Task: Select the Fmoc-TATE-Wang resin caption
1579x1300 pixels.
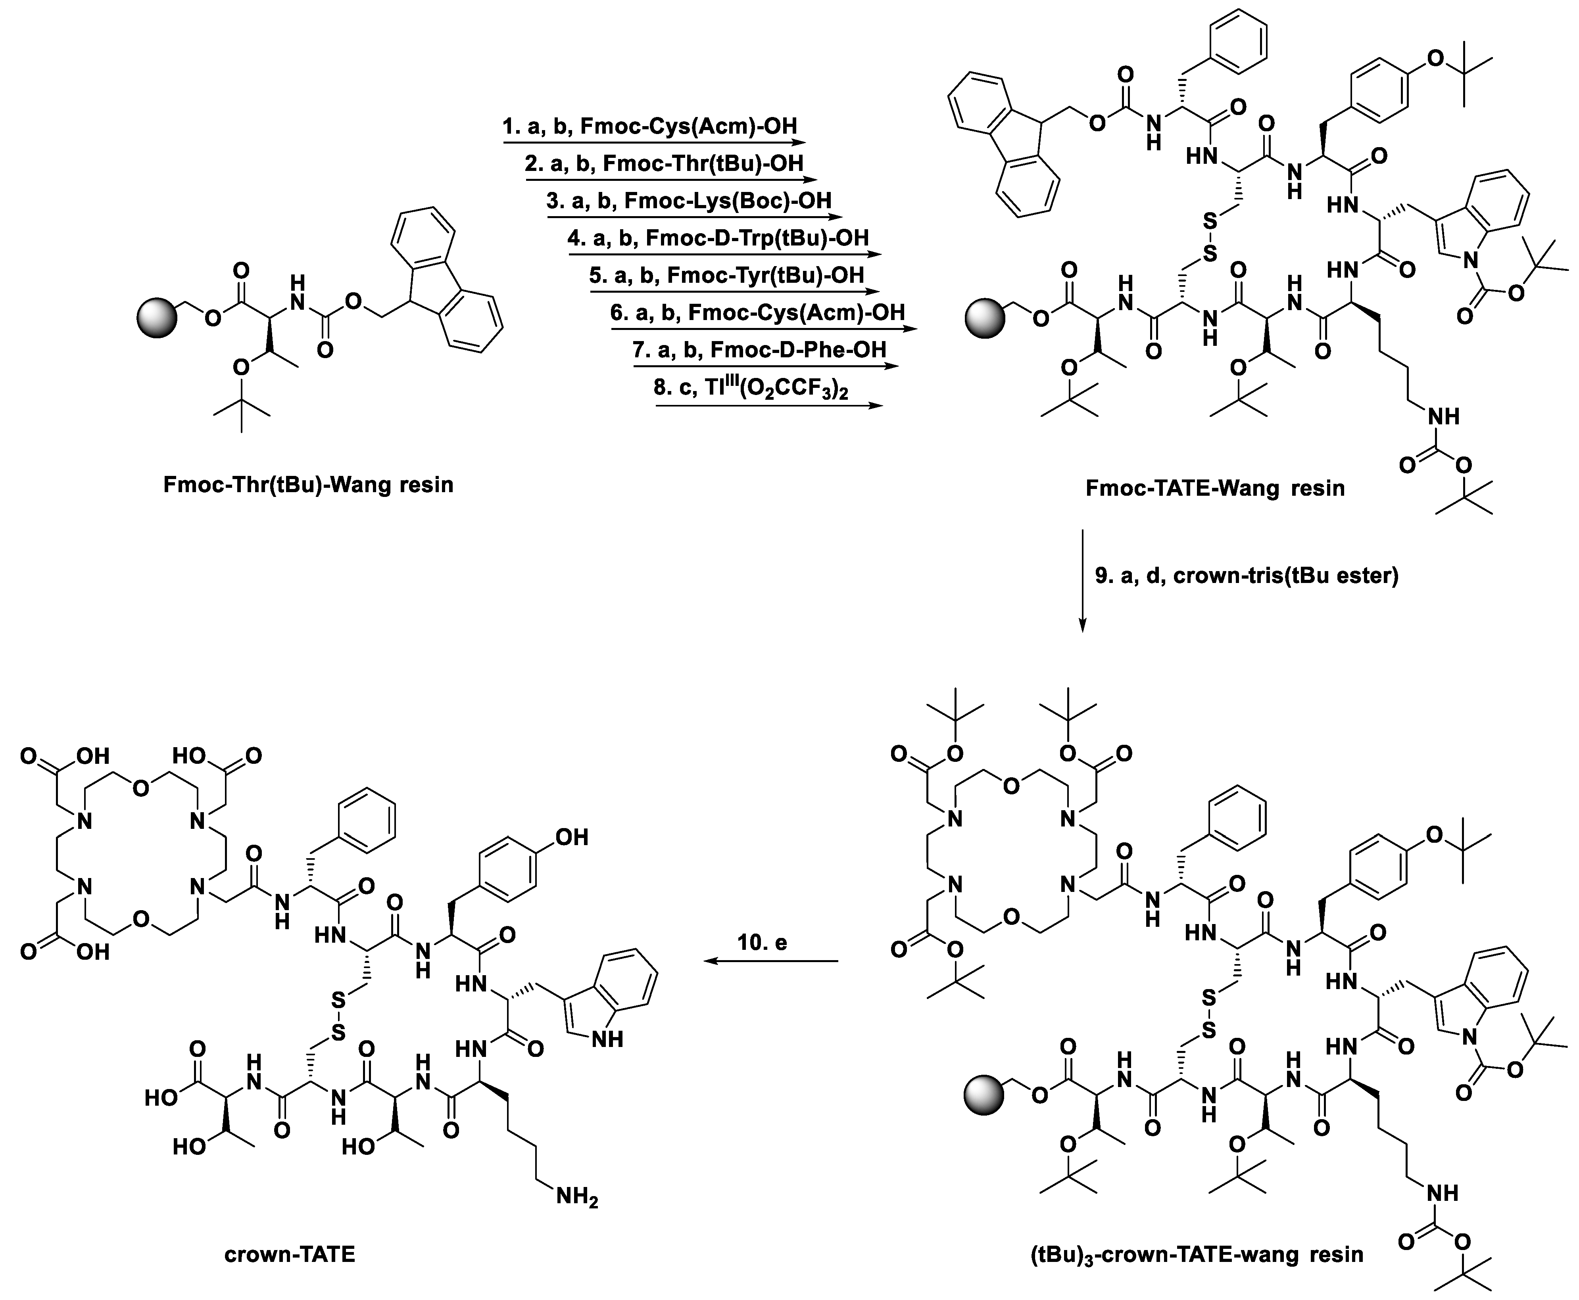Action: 1215,488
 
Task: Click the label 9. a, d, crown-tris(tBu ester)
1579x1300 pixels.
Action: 1247,576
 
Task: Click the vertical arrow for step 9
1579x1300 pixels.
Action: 1081,580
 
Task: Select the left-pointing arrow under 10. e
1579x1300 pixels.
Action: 772,961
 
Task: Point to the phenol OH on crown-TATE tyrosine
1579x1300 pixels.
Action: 571,836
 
